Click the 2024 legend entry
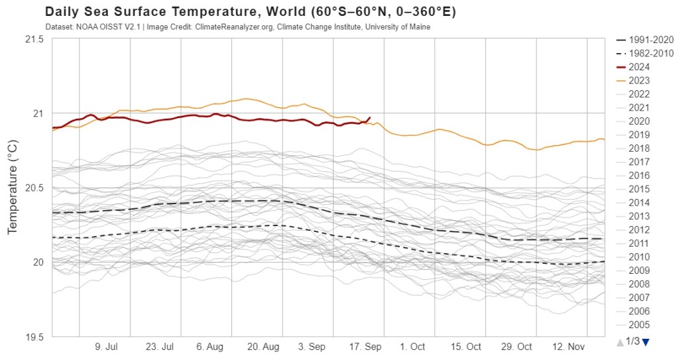[x=639, y=67]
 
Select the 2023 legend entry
[x=639, y=80]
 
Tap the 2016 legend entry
[x=639, y=175]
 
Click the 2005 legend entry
[x=639, y=325]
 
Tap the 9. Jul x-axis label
[x=107, y=347]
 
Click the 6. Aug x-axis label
[x=210, y=347]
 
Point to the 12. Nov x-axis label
[x=568, y=347]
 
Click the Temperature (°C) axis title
[x=13, y=187]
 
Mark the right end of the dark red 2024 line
[x=369, y=118]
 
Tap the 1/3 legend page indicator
[x=633, y=341]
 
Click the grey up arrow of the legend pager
[x=620, y=342]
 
